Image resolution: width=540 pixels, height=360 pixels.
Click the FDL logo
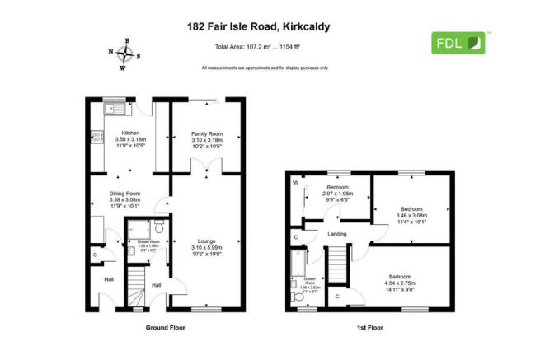coord(460,42)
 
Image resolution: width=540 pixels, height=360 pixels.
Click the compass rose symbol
coord(127,55)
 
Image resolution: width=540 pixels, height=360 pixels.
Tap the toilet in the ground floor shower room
coord(160,224)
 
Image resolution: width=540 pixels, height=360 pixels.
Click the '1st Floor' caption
coord(370,327)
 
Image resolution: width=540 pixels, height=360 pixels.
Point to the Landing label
coord(337,234)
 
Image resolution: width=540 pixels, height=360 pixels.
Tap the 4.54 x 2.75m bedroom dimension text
coord(399,283)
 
